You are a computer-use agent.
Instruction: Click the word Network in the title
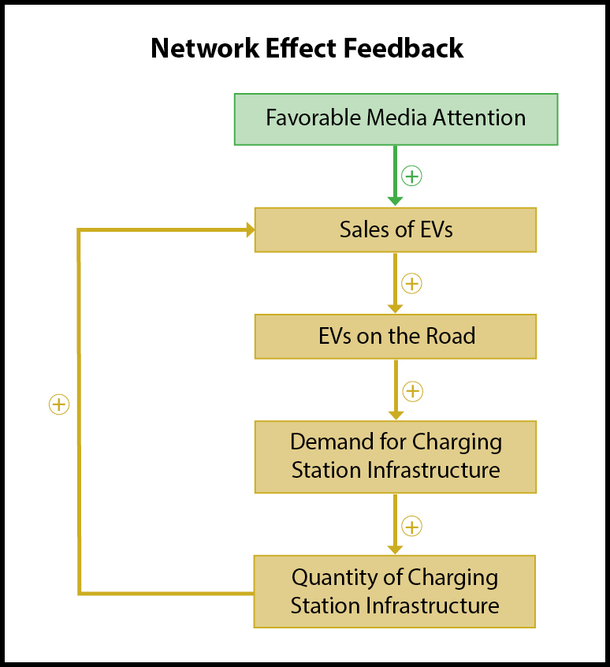(204, 47)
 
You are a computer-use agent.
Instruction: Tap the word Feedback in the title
(403, 47)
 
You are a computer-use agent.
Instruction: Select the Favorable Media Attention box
(396, 119)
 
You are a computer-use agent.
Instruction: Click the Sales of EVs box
(396, 229)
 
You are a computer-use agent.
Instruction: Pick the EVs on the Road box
(396, 337)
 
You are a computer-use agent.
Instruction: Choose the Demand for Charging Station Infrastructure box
(396, 456)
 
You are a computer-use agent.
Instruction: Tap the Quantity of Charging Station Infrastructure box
(395, 591)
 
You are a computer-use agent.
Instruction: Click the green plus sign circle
(411, 176)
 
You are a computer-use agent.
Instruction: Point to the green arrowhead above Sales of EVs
(396, 201)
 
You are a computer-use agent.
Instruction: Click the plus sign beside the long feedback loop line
(59, 404)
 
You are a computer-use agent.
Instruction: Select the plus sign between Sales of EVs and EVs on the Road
(411, 284)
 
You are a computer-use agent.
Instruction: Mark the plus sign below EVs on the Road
(412, 391)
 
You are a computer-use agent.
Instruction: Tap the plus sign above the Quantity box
(411, 526)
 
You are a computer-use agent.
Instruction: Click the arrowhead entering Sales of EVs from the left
(251, 230)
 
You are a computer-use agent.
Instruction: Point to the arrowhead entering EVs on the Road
(396, 309)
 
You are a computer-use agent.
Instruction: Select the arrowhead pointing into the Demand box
(396, 415)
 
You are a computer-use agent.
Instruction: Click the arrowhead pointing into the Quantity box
(396, 550)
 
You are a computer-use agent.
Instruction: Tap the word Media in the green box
(396, 117)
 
